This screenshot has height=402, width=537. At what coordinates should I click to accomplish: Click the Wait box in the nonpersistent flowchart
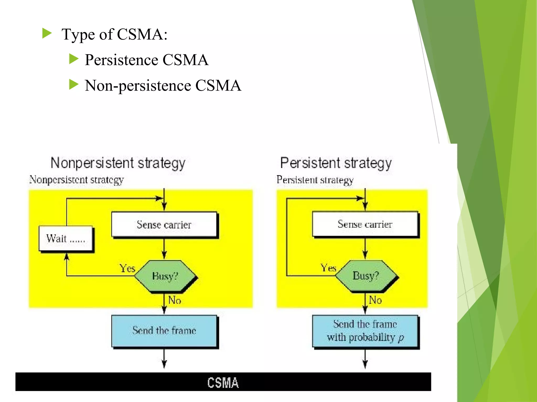(x=66, y=238)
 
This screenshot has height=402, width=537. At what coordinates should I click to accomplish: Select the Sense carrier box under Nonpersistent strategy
(x=164, y=225)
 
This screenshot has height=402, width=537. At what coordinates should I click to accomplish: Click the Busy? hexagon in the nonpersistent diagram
(x=165, y=276)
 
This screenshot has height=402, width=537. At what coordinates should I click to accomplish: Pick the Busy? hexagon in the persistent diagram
(x=366, y=276)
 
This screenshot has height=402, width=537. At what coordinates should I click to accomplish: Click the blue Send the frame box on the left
(x=164, y=331)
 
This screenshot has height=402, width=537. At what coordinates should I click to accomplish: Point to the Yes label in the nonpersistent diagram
(x=127, y=269)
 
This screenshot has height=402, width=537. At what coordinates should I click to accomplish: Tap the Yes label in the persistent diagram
(x=328, y=268)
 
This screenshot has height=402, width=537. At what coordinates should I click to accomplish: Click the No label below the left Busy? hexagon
(x=175, y=300)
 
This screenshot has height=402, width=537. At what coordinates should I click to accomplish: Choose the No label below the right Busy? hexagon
(x=375, y=300)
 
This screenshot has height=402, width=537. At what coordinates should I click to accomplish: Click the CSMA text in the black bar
(x=223, y=383)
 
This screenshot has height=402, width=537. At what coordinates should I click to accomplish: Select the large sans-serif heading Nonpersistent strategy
(x=118, y=163)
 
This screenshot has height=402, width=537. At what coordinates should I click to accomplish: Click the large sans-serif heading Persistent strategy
(x=336, y=163)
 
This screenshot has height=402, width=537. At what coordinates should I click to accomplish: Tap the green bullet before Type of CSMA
(x=47, y=33)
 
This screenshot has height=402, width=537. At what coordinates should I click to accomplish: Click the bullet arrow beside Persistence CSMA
(x=74, y=59)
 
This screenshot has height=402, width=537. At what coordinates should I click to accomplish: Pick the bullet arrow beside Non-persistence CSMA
(x=74, y=85)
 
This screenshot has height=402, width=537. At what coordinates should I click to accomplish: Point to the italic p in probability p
(x=401, y=338)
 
